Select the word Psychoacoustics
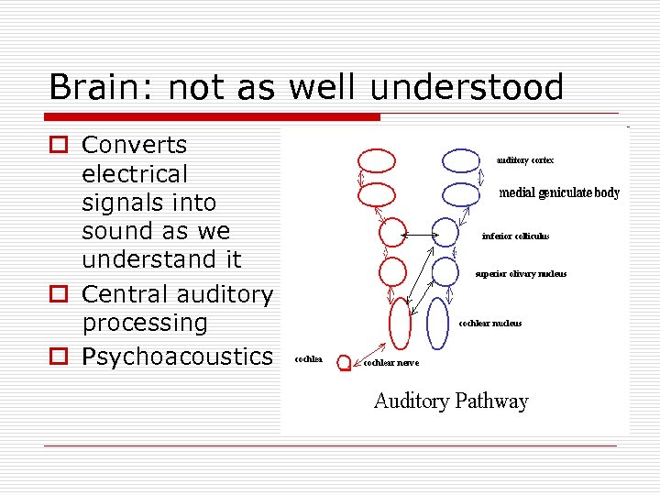pyautogui.click(x=177, y=357)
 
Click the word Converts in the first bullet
pyautogui.click(x=134, y=145)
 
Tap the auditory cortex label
pyautogui.click(x=525, y=160)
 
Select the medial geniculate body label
pyautogui.click(x=559, y=193)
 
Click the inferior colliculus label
pyautogui.click(x=515, y=236)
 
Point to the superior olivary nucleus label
pyautogui.click(x=521, y=273)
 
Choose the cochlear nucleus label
pyautogui.click(x=489, y=323)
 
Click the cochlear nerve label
pyautogui.click(x=391, y=363)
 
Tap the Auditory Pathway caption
pyautogui.click(x=451, y=401)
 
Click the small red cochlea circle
pyautogui.click(x=345, y=363)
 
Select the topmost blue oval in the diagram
pyautogui.click(x=460, y=160)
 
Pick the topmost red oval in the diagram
pyautogui.click(x=377, y=160)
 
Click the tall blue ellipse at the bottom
pyautogui.click(x=437, y=323)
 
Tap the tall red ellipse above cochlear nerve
pyautogui.click(x=400, y=323)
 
